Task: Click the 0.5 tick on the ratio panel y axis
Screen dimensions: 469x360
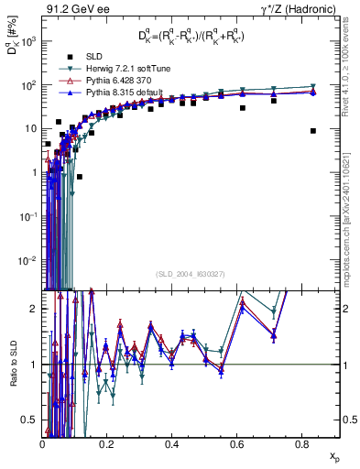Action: point(32,420)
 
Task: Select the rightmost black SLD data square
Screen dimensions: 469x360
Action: point(313,131)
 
